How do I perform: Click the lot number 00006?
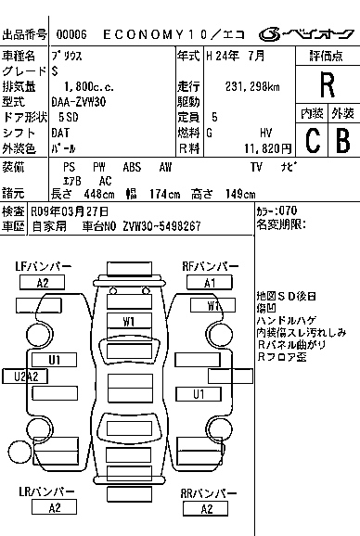point(71,34)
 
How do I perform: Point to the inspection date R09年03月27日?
point(69,211)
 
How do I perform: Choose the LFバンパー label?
point(43,266)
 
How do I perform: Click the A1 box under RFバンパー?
point(210,283)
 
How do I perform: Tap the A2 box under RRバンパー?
point(205,508)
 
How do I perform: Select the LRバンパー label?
point(44,491)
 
